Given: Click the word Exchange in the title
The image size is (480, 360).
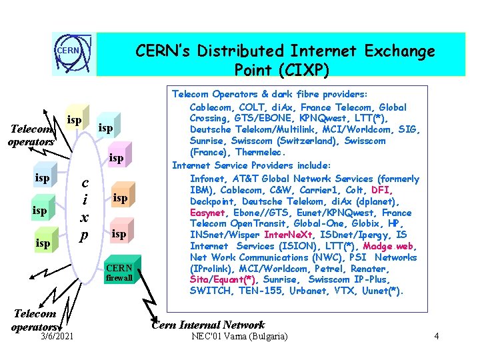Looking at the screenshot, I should (x=400, y=51).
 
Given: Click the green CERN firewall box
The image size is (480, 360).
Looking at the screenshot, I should (x=119, y=272).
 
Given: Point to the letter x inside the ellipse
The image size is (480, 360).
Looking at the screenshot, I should (x=85, y=217).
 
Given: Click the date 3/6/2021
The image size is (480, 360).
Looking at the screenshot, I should (x=56, y=337).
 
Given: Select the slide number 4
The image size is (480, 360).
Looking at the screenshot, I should (x=436, y=337).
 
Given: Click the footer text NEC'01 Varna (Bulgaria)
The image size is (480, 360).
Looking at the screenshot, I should (x=239, y=337).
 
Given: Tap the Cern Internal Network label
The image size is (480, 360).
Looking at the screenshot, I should (x=208, y=325).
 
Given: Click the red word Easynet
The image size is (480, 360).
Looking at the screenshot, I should (x=208, y=212).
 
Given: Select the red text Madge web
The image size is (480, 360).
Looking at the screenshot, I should (x=387, y=246).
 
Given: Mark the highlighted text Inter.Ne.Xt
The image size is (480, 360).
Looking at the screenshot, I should (x=287, y=235).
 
